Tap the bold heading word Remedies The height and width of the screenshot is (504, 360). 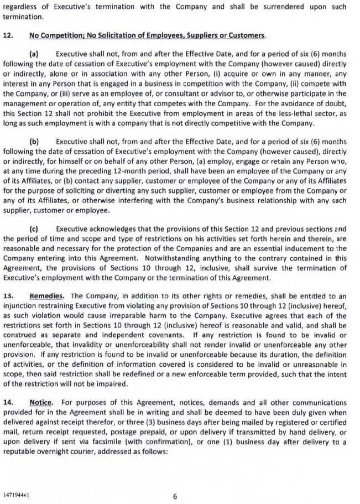coord(45,297)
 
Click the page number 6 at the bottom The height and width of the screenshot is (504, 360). coord(175,496)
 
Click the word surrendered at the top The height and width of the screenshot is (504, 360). coord(288,7)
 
